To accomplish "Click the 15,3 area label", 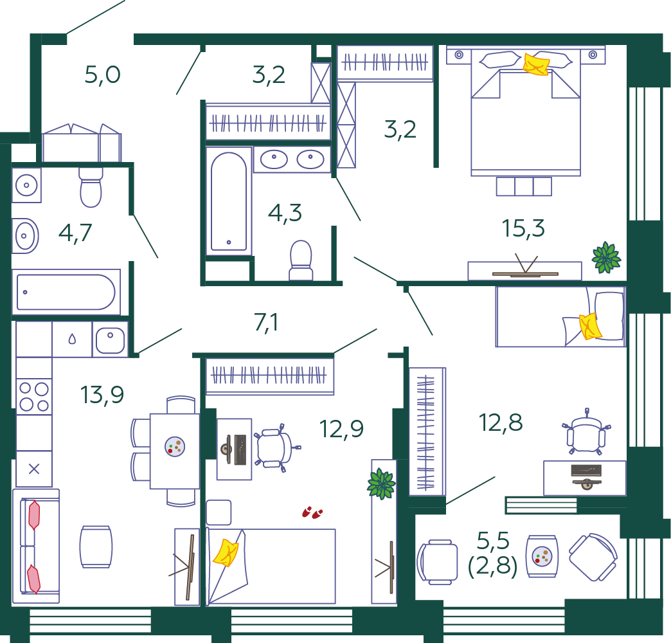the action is click(523, 228).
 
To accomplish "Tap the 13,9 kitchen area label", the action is click(102, 394).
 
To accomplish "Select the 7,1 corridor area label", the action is click(266, 322).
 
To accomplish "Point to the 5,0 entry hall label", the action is click(102, 75).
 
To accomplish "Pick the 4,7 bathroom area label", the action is click(75, 233).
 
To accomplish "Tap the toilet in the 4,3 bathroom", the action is click(301, 260).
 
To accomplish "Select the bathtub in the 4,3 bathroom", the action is click(229, 201).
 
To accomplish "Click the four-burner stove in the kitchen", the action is click(34, 397).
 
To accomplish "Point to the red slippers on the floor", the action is click(312, 512).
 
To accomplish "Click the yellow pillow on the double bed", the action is click(536, 65).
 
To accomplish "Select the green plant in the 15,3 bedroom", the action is click(606, 258).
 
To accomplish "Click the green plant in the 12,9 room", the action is click(381, 484).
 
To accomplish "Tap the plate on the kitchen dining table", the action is click(175, 446).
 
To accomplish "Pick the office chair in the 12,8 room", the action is click(586, 431).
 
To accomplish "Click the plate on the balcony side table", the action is click(542, 557).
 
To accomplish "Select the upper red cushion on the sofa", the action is click(34, 515).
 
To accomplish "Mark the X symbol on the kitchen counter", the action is click(34, 469).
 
